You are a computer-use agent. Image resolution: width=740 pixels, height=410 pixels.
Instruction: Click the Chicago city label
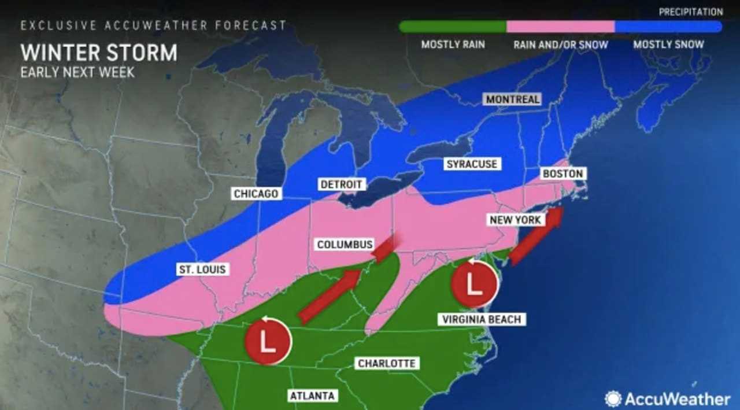coord(256,194)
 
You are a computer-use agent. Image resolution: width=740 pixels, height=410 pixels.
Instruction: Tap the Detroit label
coord(341,184)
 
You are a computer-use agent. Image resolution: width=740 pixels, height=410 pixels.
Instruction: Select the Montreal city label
coord(512,99)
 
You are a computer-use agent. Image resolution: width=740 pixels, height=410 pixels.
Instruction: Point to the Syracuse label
coord(471,164)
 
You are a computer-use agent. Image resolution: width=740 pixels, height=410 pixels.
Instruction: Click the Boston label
coord(562,173)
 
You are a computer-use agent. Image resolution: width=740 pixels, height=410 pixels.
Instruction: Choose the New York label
coord(515,220)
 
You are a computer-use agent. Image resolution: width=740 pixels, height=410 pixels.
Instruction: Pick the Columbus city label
coord(345,245)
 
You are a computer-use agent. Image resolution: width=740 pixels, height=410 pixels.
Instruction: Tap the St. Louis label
coord(202,269)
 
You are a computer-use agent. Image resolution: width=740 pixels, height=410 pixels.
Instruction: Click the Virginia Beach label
coord(481,319)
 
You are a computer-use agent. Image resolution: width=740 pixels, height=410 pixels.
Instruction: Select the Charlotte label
coord(386,363)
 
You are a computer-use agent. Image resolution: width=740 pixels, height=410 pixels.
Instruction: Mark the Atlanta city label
coord(312,396)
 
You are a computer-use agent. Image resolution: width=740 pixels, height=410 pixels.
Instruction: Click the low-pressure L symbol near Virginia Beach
coord(475,283)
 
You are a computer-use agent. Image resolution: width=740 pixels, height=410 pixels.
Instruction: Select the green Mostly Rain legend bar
coord(453,27)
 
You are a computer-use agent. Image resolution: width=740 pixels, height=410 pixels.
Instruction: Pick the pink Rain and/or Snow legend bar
coord(560,27)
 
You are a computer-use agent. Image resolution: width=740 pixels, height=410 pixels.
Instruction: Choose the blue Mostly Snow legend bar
coord(668,27)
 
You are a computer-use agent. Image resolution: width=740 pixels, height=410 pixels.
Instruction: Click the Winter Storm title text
coord(99,53)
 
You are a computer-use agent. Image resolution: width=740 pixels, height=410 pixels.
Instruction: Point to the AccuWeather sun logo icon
coord(613,398)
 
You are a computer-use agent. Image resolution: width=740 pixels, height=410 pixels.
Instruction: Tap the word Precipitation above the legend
coord(691,12)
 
